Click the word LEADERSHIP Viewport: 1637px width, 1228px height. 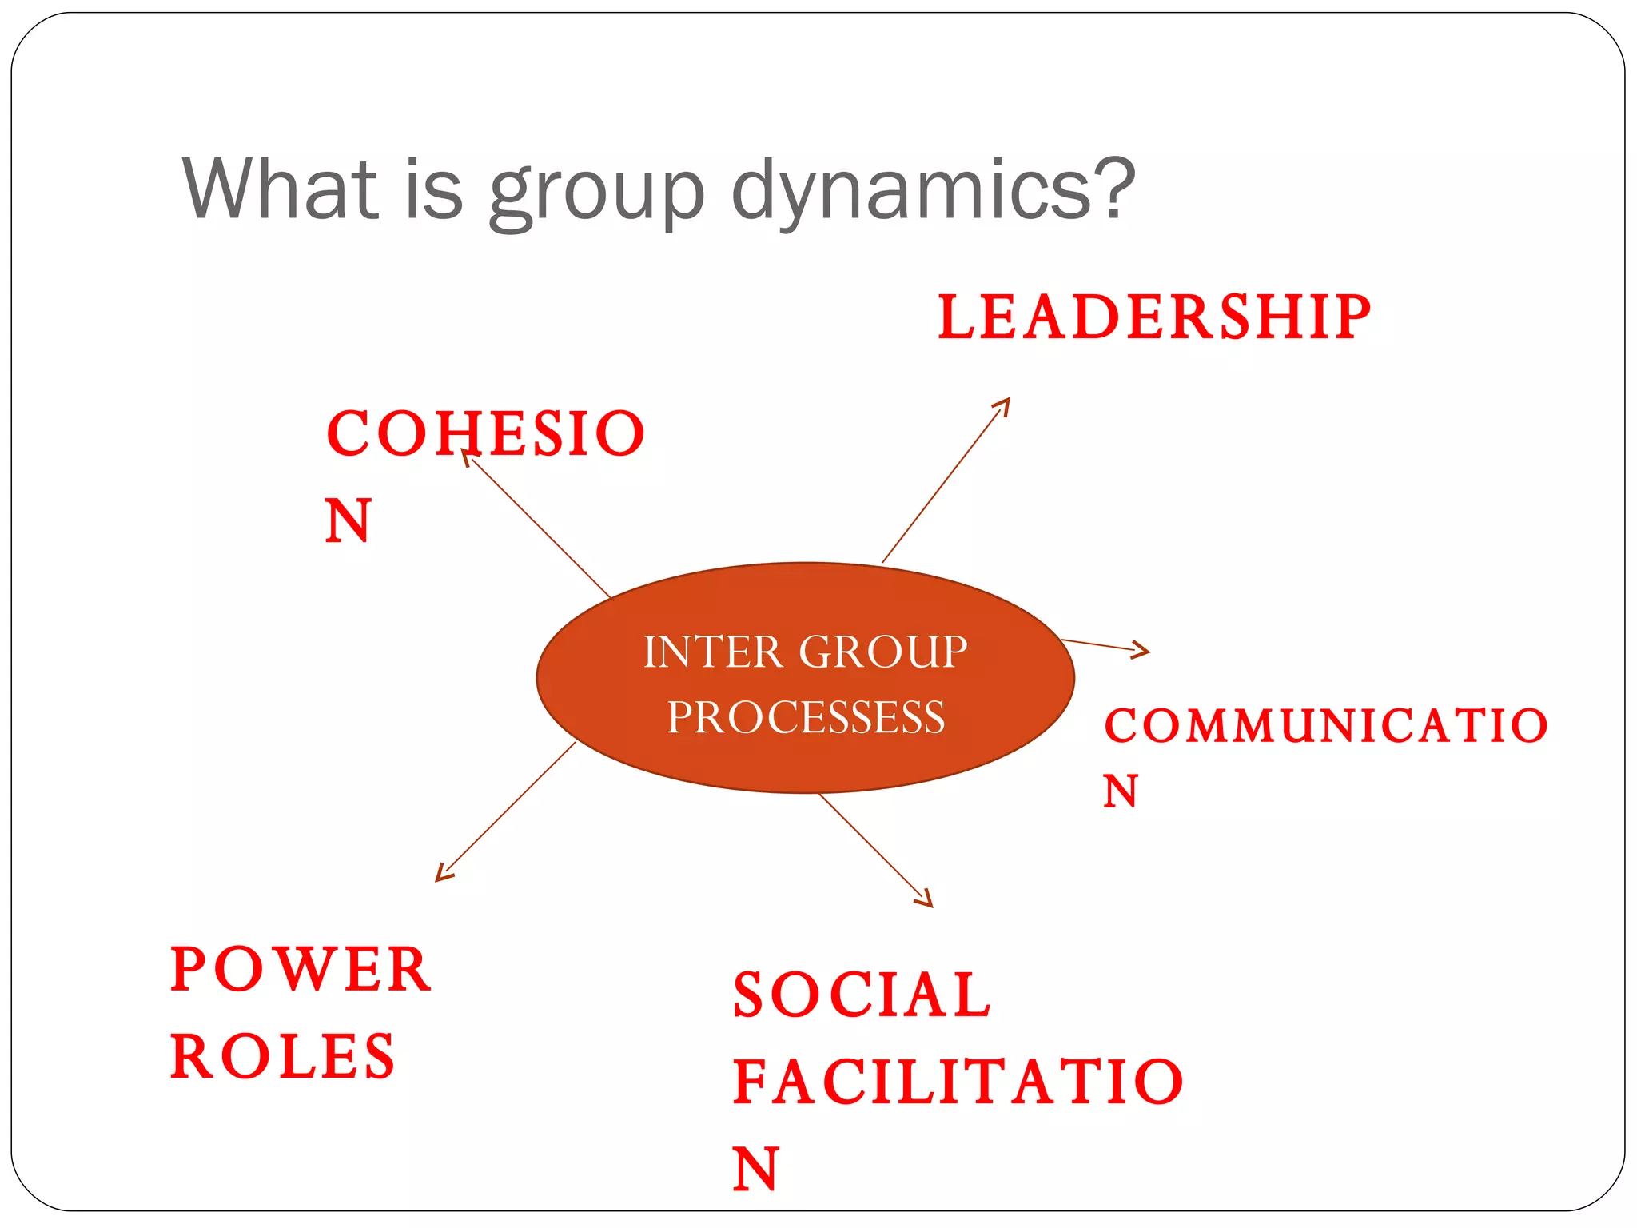point(1154,317)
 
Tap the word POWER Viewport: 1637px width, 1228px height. point(301,970)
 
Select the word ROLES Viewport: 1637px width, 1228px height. point(283,1056)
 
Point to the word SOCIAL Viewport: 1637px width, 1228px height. point(862,995)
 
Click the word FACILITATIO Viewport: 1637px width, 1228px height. point(958,1082)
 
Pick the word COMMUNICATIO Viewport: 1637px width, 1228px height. point(1326,726)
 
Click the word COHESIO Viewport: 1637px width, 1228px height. point(485,433)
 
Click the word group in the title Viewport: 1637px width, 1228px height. point(596,192)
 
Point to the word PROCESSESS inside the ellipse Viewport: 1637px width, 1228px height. point(806,716)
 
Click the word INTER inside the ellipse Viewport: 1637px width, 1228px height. point(713,652)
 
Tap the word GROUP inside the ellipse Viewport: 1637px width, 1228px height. point(883,652)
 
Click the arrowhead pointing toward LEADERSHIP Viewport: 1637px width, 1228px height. point(1004,404)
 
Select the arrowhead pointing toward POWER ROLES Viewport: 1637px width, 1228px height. point(441,875)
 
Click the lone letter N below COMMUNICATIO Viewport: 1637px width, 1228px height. point(1120,792)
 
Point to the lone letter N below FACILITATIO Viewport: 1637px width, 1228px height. point(755,1169)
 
